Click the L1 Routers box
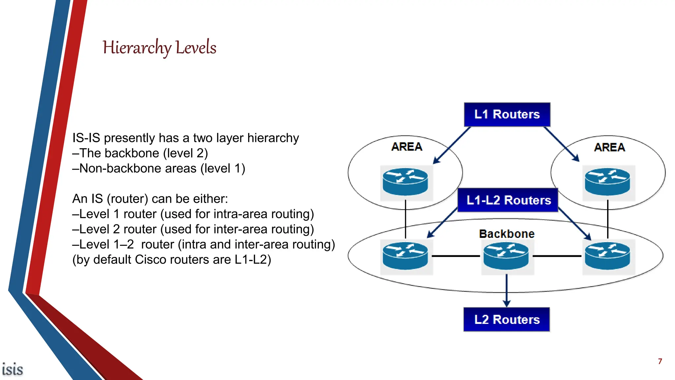[x=507, y=114]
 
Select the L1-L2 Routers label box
[x=508, y=200]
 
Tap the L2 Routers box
[x=507, y=319]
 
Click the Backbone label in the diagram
[x=507, y=234]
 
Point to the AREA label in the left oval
[x=407, y=147]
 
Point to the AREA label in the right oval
[x=609, y=147]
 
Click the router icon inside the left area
[x=405, y=182]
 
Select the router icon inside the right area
[x=607, y=182]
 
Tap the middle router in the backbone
[x=506, y=256]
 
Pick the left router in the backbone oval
[x=405, y=256]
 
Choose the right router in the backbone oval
[x=607, y=256]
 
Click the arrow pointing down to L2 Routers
[x=507, y=290]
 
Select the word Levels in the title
[x=196, y=47]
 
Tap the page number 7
[x=660, y=362]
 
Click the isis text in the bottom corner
[x=13, y=369]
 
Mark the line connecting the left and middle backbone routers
[x=456, y=256]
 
